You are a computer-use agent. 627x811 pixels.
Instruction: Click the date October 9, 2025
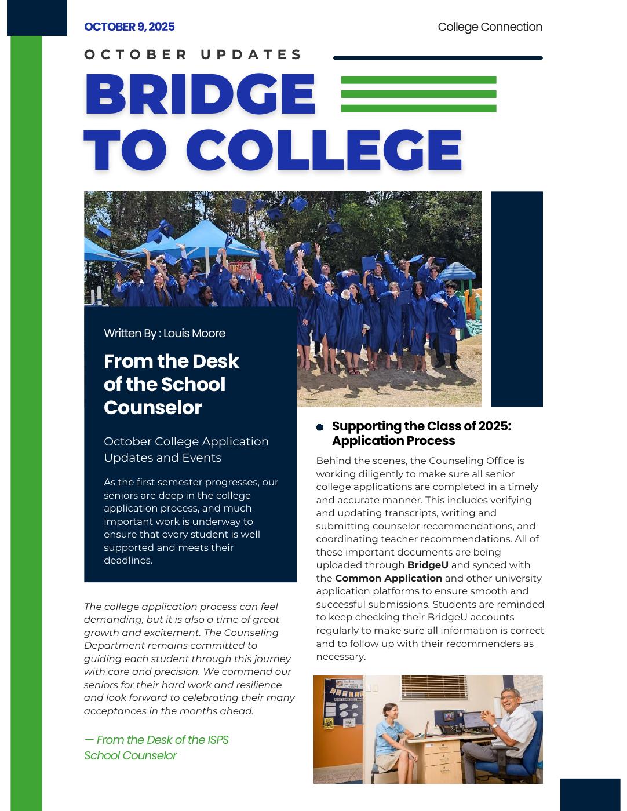(x=129, y=27)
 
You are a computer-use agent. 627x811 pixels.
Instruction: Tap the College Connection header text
(x=490, y=27)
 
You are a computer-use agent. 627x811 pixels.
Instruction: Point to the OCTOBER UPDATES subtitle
(x=193, y=54)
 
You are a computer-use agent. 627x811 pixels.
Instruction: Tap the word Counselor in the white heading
(x=153, y=407)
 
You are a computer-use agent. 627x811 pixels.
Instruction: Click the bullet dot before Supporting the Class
(x=320, y=428)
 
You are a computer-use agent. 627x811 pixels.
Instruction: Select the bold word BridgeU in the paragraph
(x=428, y=565)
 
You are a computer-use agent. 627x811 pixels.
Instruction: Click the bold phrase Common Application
(x=388, y=578)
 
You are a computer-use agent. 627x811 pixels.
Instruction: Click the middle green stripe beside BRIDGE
(x=418, y=94)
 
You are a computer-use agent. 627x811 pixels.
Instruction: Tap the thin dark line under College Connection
(x=438, y=58)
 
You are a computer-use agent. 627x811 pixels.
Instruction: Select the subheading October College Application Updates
(x=186, y=450)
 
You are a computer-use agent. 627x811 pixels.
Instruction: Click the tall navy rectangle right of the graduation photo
(x=517, y=299)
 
